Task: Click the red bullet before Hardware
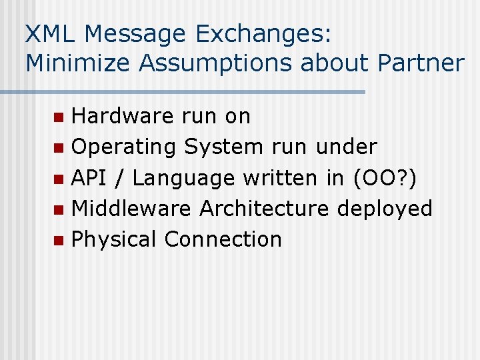pos(59,117)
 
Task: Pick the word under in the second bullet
pos(347,147)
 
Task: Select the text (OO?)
pos(384,178)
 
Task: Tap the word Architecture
pos(264,208)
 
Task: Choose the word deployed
pos(385,209)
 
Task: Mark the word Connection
pos(223,239)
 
